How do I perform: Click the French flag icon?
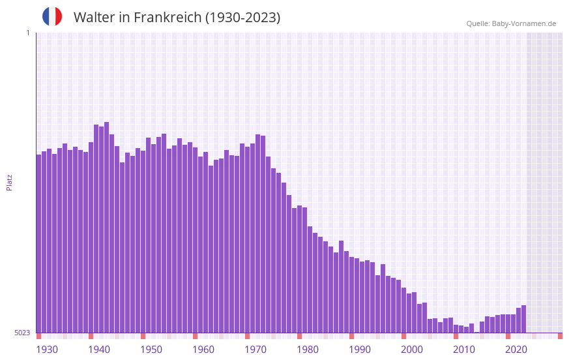point(52,16)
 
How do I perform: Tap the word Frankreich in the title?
point(168,18)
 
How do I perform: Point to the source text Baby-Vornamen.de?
point(523,23)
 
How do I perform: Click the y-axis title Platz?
point(9,182)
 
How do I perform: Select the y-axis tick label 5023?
point(22,333)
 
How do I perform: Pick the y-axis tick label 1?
point(27,33)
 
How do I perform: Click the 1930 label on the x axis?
point(47,350)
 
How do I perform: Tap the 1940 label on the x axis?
point(99,350)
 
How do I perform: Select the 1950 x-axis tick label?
point(151,350)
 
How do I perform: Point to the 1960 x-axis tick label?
point(203,350)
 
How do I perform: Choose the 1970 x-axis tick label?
point(255,350)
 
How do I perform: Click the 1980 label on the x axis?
point(308,350)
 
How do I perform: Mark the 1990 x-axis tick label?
point(360,350)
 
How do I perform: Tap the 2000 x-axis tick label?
point(412,350)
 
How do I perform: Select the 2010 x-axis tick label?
point(464,350)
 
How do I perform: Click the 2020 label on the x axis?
point(516,350)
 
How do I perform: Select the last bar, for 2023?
point(523,319)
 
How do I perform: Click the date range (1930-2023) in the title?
point(242,18)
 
